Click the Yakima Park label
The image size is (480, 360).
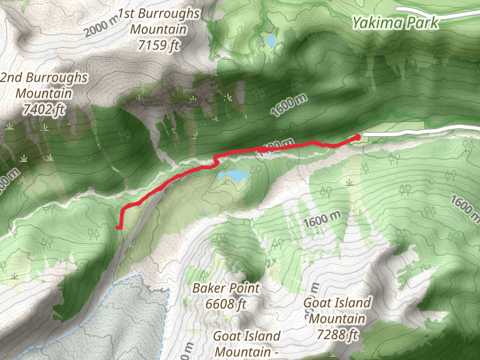[395, 23]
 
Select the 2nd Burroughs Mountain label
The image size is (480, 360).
[44, 78]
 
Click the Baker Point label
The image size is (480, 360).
[226, 289]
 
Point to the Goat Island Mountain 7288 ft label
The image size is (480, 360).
[337, 318]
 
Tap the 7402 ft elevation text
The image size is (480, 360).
[44, 109]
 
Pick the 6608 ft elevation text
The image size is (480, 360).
[226, 304]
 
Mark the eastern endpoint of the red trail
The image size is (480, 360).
[358, 137]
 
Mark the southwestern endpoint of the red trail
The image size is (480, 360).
[119, 227]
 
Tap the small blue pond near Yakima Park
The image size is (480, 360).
[271, 41]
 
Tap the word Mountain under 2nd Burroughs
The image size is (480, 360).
[44, 94]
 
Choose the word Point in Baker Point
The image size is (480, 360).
[243, 289]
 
